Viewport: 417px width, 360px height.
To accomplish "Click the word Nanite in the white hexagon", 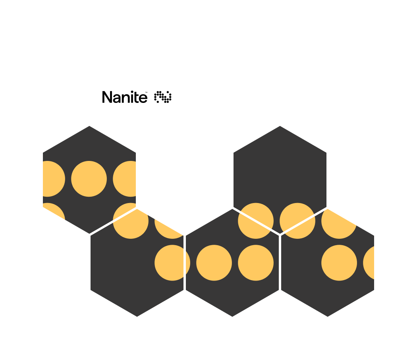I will coord(124,97).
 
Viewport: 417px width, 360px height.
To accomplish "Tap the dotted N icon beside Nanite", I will coord(163,97).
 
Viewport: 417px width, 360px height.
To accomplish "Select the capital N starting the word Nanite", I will coord(106,97).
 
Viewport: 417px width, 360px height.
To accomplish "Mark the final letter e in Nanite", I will coord(143,98).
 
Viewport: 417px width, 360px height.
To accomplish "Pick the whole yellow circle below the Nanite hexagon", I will coord(89,179).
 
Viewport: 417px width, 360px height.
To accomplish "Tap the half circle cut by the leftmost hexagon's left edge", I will coord(53,179).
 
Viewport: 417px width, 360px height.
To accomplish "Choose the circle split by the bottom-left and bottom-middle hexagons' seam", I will coord(172,263).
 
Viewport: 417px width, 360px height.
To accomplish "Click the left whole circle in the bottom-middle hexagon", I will coord(214,263).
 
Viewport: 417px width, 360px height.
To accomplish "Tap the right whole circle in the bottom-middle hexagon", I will coord(256,263).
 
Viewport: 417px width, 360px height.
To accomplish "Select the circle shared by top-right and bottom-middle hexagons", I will coord(256,221).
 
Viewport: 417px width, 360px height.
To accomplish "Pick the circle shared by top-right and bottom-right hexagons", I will coord(297,221).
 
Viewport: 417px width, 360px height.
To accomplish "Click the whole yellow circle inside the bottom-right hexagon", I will coord(339,263).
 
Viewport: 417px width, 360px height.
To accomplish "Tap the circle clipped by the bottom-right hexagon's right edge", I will coord(369,263).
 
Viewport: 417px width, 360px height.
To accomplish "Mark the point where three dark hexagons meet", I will coord(280,234).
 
